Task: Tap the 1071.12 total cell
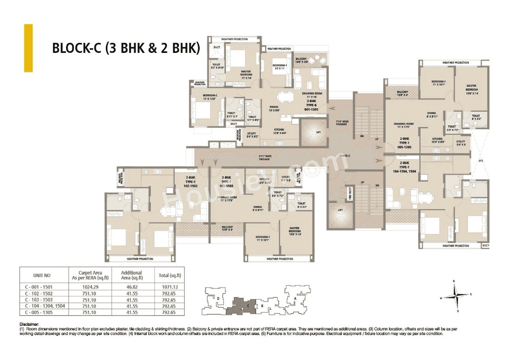point(169,287)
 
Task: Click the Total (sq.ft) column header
point(169,275)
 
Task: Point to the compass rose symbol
point(456,296)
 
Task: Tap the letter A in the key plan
point(295,298)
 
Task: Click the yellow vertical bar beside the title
point(28,48)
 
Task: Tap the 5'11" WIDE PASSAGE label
point(264,158)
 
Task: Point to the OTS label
point(481,161)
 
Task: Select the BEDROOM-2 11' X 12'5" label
point(210,97)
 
